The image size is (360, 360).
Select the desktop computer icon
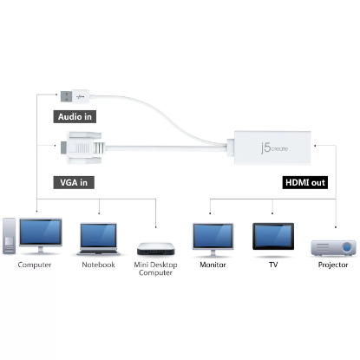[x=36, y=235]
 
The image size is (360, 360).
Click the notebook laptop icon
[x=98, y=239]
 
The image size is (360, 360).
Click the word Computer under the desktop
[x=35, y=265]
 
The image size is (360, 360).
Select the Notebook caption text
[x=97, y=265]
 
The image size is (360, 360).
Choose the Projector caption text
[x=333, y=265]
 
